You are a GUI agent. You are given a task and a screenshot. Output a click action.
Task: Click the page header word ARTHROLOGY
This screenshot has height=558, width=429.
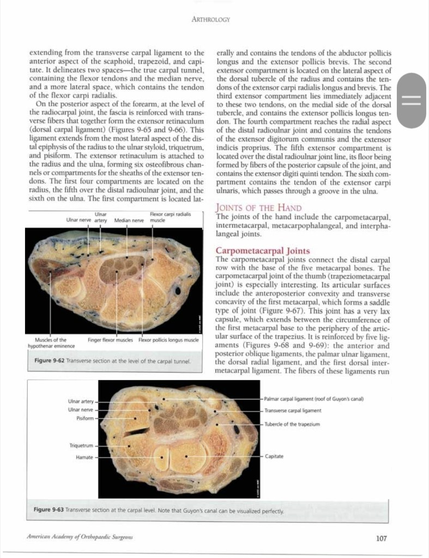coord(211,20)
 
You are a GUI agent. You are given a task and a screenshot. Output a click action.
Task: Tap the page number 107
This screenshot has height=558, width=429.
coord(381,538)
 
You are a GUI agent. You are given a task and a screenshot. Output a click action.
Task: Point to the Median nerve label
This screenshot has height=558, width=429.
coord(128,220)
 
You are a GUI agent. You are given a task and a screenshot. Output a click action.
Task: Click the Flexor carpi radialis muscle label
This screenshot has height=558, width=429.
coord(170,217)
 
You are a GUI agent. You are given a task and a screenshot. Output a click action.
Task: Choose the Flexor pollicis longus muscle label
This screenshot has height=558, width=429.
coord(168,340)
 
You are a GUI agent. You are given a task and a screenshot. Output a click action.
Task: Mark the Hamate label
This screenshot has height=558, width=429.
coord(84,457)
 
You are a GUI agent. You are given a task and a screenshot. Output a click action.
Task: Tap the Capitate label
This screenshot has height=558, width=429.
coord(275,456)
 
